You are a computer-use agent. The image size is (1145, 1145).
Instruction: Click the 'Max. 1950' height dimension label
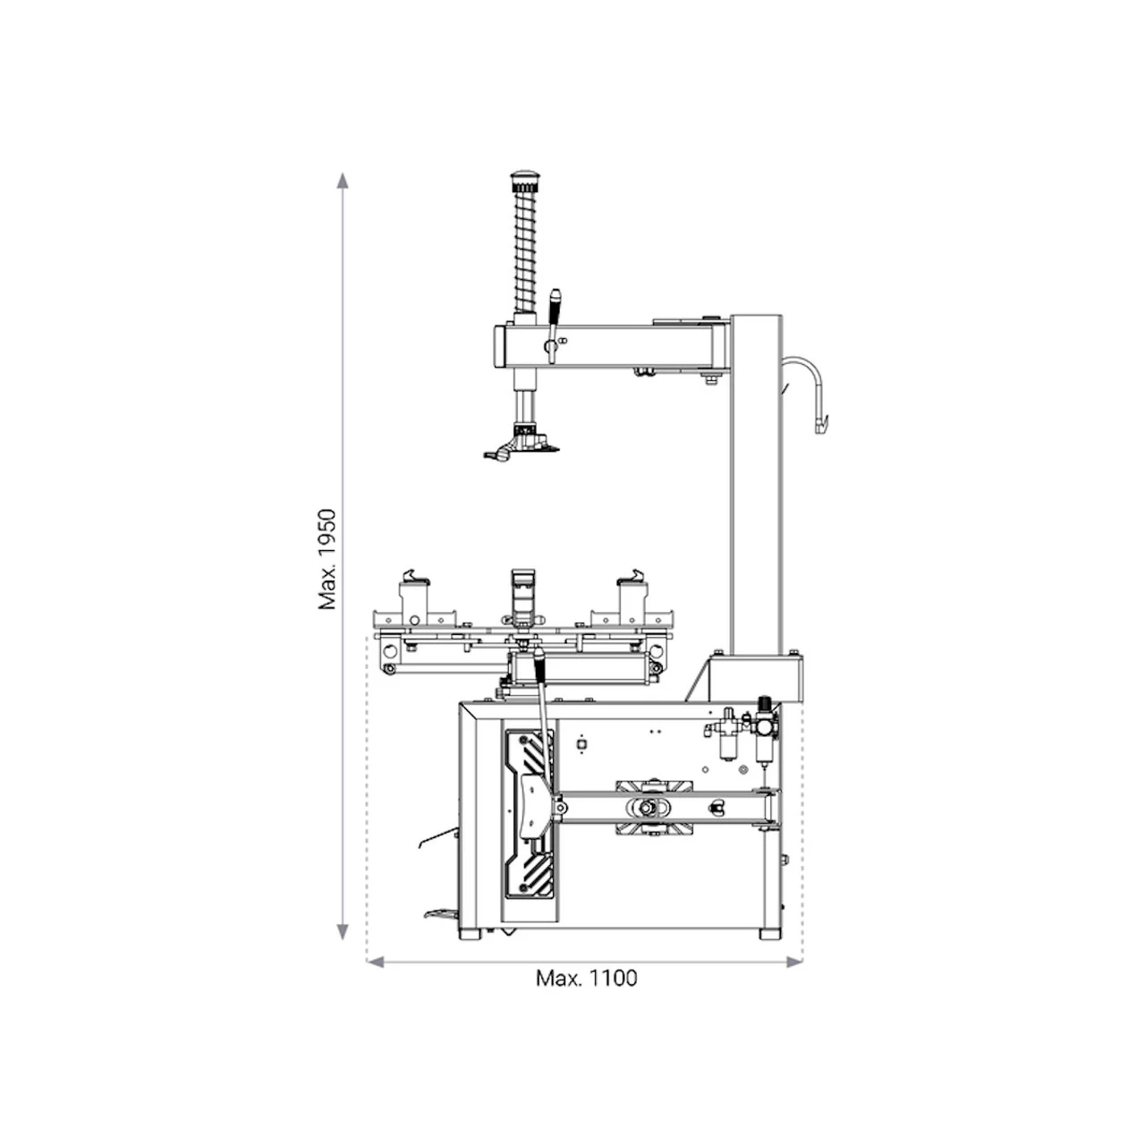click(327, 559)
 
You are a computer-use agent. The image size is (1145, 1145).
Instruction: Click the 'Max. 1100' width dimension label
click(587, 978)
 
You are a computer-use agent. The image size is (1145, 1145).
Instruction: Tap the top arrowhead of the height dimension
click(343, 181)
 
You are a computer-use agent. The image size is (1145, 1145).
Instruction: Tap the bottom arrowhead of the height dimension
click(343, 932)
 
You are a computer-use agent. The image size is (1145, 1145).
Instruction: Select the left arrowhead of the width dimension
click(376, 962)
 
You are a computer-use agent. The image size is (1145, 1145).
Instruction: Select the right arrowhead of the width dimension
click(794, 962)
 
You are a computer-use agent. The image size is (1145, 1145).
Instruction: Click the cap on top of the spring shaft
click(523, 177)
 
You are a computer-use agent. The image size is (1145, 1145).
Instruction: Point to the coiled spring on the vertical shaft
click(525, 249)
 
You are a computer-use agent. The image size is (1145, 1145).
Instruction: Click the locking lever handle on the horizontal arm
click(554, 325)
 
